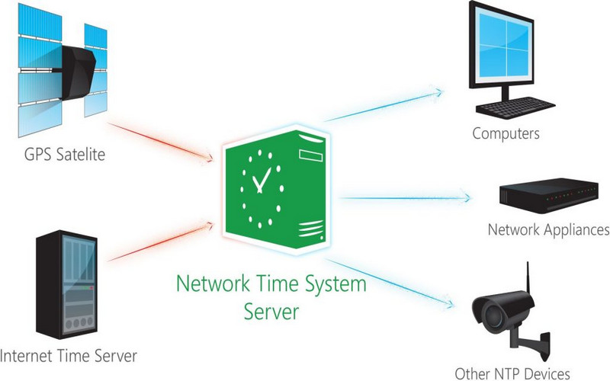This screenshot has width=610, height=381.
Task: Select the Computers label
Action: coord(506,134)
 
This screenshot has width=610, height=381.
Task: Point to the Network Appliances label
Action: coord(548,229)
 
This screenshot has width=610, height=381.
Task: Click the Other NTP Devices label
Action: coord(512,373)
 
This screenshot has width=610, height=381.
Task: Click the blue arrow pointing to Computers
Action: coord(381,107)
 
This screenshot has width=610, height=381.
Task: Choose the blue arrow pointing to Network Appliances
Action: coord(404,198)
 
